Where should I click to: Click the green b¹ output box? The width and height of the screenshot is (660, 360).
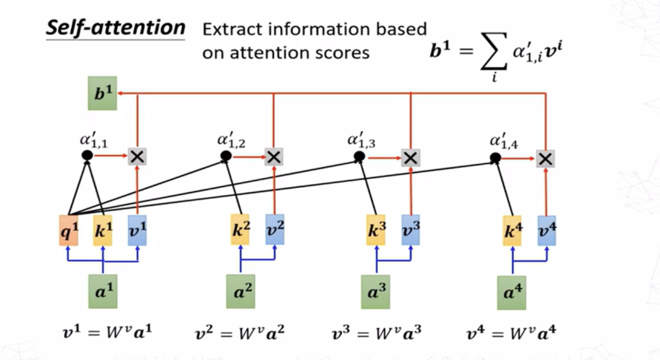coord(102,93)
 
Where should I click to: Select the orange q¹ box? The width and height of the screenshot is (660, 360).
coord(68,230)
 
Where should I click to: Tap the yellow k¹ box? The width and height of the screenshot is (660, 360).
coord(103,230)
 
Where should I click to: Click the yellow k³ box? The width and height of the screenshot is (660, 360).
coord(376,230)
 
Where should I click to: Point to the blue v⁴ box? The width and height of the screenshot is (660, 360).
coord(546,230)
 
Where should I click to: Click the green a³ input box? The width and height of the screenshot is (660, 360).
coord(375,293)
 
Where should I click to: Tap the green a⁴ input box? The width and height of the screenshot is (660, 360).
coord(511,293)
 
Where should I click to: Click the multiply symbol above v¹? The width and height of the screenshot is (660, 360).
coord(137,156)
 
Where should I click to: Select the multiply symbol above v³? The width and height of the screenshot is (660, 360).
coord(410,157)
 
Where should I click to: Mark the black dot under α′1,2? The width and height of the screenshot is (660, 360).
coord(226,155)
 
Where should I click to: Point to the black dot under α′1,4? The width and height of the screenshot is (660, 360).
coord(495,157)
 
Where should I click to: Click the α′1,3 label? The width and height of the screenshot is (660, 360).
coord(361,140)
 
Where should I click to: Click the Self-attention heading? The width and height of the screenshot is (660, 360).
coord(115,27)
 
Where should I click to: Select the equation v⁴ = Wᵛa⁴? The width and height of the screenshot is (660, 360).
coord(511,332)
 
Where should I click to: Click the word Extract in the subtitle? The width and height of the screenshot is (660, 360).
coord(231,29)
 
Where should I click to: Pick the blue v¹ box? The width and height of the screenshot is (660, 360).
coord(137,230)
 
